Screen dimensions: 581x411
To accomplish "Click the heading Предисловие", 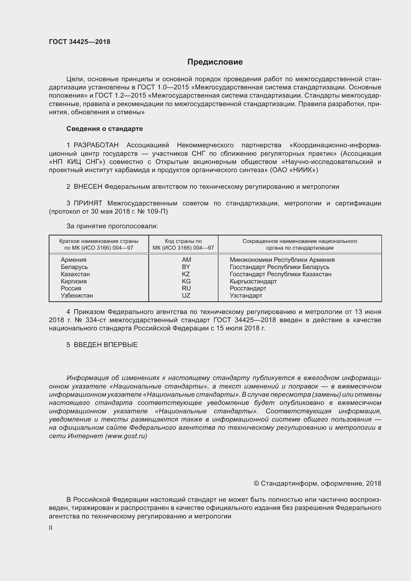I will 215,62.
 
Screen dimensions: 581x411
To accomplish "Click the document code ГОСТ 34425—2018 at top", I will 80,42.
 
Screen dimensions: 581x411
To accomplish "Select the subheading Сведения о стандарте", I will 105,129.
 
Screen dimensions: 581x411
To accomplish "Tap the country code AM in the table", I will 186,260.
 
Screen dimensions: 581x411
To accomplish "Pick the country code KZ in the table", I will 186,274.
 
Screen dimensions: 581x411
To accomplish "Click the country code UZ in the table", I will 186,295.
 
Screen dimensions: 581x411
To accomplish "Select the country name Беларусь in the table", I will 74,267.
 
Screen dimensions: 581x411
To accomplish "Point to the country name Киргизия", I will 74,281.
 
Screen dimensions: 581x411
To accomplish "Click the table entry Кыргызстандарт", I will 253,281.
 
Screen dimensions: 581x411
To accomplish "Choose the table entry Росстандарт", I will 248,288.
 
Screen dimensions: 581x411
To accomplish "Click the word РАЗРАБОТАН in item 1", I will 96,145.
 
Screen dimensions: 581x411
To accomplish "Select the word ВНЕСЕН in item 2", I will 88,187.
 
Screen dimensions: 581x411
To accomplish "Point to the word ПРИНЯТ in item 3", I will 88,203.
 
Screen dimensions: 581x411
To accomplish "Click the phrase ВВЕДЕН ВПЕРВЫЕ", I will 106,345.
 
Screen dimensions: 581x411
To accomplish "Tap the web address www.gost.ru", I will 126,436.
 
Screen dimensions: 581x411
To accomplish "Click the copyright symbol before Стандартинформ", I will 256,483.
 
